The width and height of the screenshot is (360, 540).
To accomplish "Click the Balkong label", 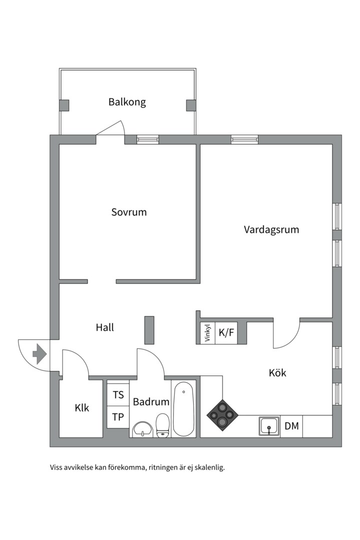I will click(127, 102).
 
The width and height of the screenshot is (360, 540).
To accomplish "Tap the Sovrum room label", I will click(129, 212).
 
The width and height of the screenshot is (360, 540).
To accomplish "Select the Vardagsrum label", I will click(271, 230).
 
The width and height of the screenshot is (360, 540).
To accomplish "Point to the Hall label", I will click(105, 328).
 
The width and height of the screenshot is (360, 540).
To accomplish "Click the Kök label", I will click(277, 373).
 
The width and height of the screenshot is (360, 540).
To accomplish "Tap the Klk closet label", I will click(82, 408).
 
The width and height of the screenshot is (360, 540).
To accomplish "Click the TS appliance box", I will click(118, 395).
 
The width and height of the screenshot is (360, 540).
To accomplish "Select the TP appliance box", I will click(118, 417).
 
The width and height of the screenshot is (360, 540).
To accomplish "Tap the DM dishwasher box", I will click(291, 426).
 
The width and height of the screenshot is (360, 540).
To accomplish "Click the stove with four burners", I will click(222, 414).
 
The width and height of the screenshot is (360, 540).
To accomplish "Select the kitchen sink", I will click(269, 426).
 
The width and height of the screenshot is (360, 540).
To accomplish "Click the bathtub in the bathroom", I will click(184, 408).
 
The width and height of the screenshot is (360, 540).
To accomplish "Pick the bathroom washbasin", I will click(143, 429).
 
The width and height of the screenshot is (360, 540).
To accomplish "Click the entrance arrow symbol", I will click(39, 354).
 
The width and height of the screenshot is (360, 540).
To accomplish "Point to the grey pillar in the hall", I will click(149, 330).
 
